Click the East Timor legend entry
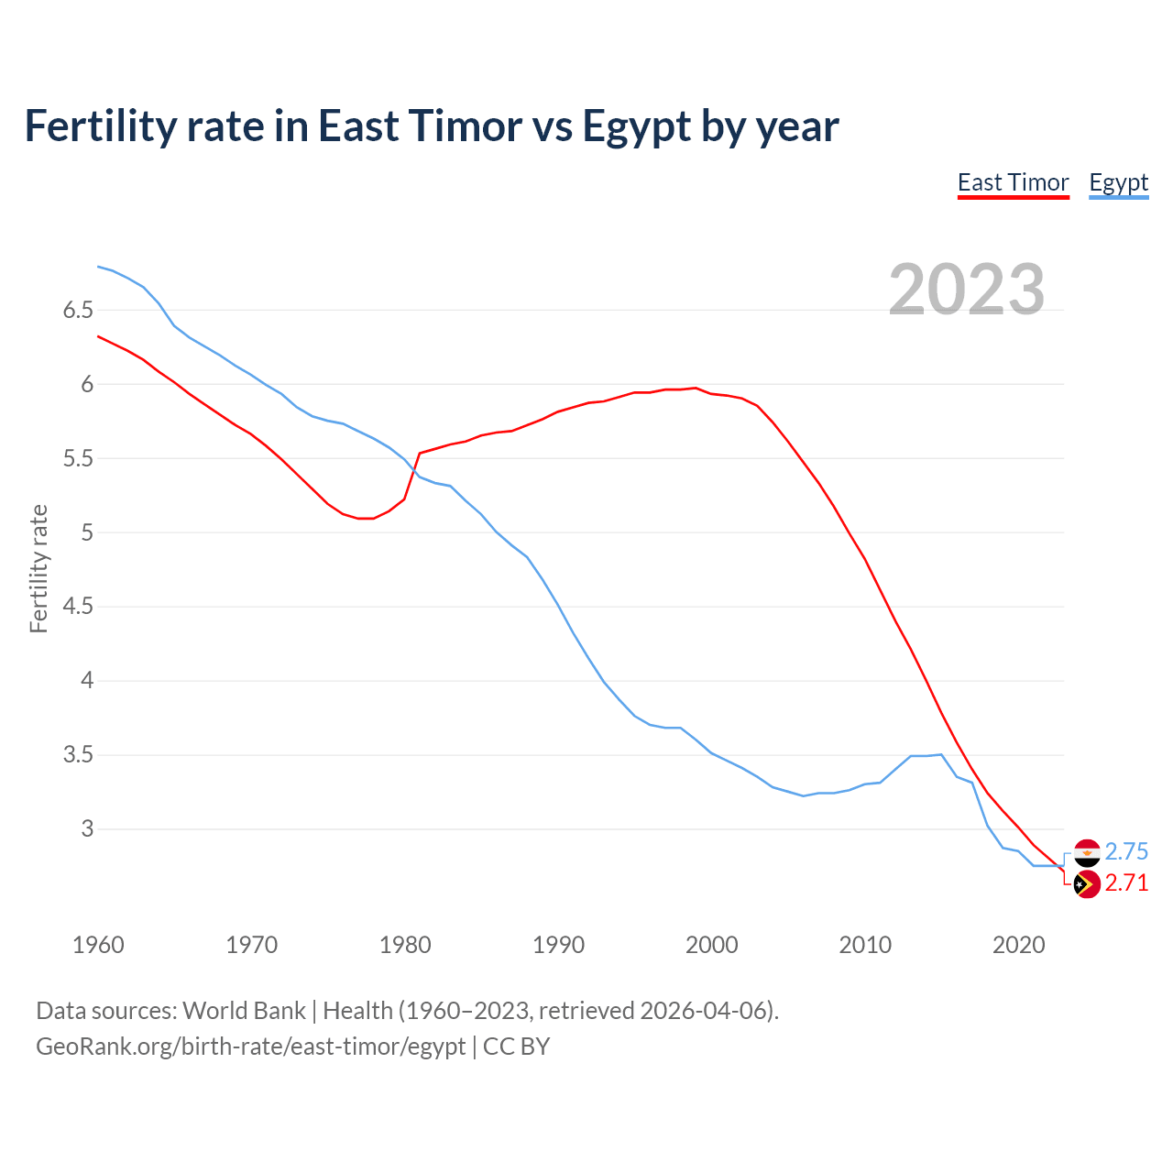pos(1013,182)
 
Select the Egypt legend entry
pos(1118,182)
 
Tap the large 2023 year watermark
pos(966,290)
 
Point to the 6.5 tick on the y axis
pos(78,310)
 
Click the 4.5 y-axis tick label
pos(78,607)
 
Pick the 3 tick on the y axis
pos(87,829)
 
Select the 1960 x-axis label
pos(98,945)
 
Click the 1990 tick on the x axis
pos(558,945)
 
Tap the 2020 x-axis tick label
pos(1018,945)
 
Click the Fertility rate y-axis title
pos(38,568)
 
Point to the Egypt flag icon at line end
pos(1087,852)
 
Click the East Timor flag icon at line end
pos(1087,884)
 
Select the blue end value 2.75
pos(1126,852)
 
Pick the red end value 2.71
pos(1126,883)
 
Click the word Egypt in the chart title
pos(636,126)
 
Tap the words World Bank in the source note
pos(244,1011)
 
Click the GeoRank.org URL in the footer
pos(250,1047)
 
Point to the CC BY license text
pos(516,1047)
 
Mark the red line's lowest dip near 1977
pos(366,519)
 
